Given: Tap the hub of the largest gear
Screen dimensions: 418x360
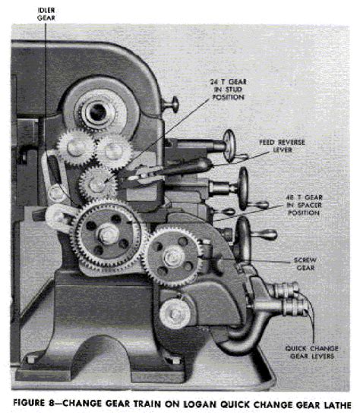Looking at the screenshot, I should [x=107, y=235].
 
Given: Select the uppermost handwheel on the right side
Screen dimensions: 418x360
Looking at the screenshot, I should [x=227, y=143].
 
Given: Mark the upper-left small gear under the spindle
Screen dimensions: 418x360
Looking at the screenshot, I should [x=74, y=146].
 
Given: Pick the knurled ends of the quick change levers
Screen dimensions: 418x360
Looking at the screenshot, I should [x=288, y=297].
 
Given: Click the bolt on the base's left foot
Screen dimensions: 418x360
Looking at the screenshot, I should [x=33, y=358].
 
